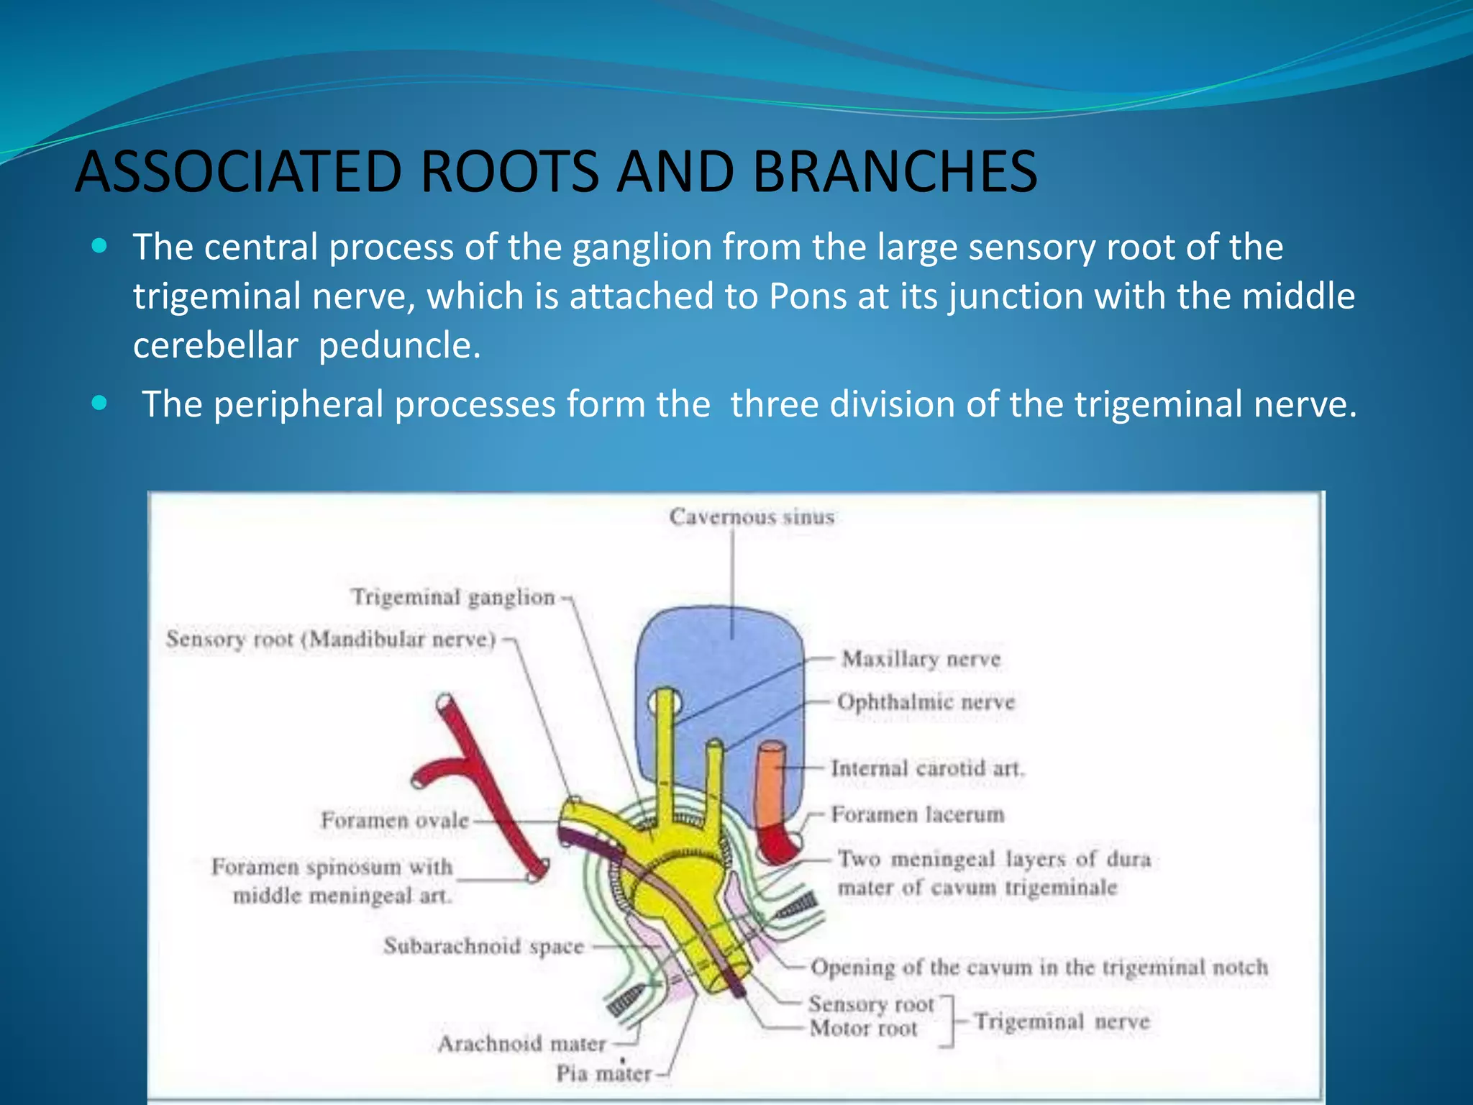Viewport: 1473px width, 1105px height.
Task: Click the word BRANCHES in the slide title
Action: pyautogui.click(x=895, y=172)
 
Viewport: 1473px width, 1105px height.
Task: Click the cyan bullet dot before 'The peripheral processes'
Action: pyautogui.click(x=100, y=403)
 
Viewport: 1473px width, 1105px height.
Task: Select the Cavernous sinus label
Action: pyautogui.click(x=752, y=517)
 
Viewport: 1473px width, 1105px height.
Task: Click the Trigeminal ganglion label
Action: pyautogui.click(x=453, y=596)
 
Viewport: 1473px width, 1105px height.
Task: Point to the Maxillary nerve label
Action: pyautogui.click(x=921, y=659)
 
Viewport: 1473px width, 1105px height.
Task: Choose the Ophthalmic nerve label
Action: pyautogui.click(x=926, y=701)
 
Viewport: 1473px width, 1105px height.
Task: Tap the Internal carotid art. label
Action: pyautogui.click(x=927, y=768)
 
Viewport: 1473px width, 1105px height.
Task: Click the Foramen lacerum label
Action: pyautogui.click(x=917, y=814)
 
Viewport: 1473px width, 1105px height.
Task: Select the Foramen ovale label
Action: pyautogui.click(x=394, y=820)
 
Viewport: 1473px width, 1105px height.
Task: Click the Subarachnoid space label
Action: pyautogui.click(x=483, y=945)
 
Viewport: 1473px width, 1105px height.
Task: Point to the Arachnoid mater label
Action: pyautogui.click(x=522, y=1043)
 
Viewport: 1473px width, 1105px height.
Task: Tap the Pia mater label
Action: pyautogui.click(x=603, y=1073)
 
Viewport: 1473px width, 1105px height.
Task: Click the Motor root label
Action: pyautogui.click(x=863, y=1029)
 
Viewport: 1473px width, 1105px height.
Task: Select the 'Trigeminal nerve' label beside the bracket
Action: pyautogui.click(x=1062, y=1021)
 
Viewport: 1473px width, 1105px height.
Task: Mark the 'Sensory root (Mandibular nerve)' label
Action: pyautogui.click(x=331, y=639)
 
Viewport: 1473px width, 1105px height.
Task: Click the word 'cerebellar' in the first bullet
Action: pyautogui.click(x=215, y=345)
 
